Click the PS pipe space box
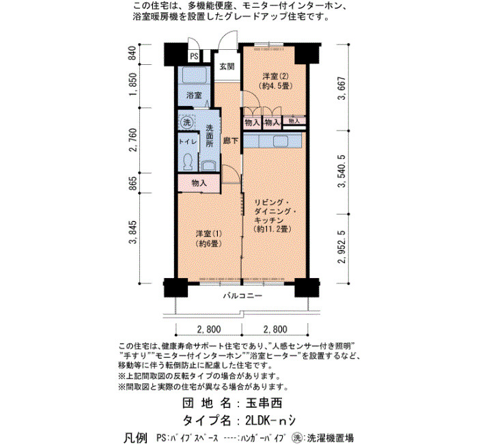point(194,56)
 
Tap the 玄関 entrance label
point(227,66)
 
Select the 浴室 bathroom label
point(194,95)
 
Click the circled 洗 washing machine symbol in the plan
point(186,122)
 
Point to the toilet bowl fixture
point(188,162)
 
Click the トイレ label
point(188,141)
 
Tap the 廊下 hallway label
point(231,141)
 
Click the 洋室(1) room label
point(209,234)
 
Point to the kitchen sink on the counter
point(281,141)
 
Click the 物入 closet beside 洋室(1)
point(199,183)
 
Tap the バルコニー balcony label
point(242,296)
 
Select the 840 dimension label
point(132,53)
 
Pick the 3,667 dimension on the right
point(342,88)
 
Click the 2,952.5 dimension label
point(342,247)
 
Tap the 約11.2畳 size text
point(273,229)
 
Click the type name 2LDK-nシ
point(270,421)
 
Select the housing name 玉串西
point(264,403)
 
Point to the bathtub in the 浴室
point(194,75)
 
